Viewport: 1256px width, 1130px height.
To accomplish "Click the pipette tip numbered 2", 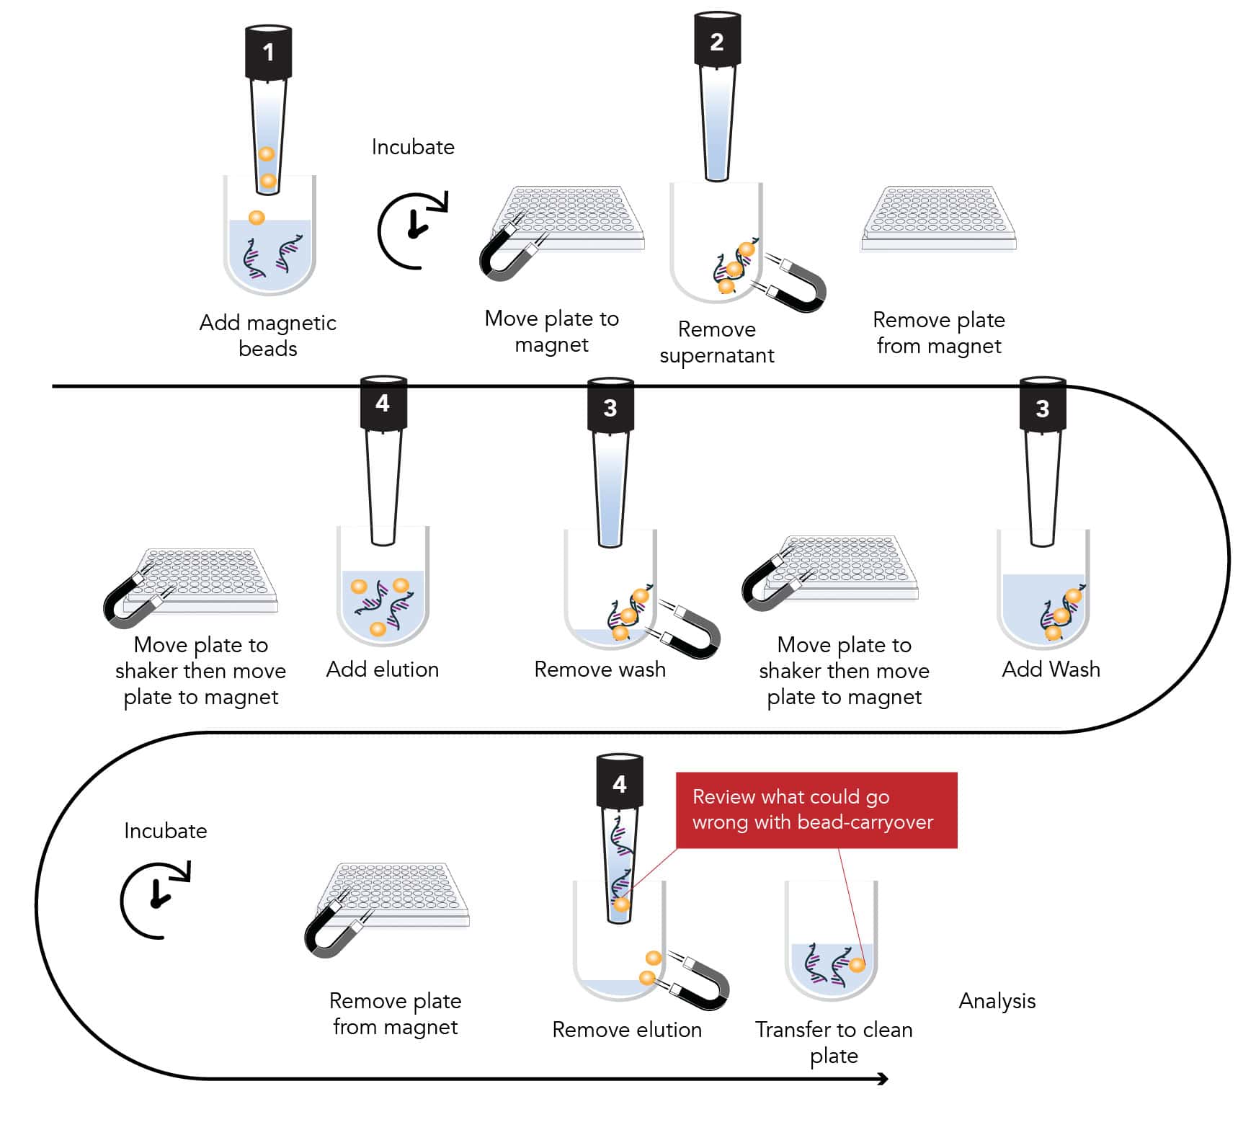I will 716,101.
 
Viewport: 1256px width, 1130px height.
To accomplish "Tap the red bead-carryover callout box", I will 816,810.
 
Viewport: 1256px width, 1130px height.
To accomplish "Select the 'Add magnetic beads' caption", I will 267,335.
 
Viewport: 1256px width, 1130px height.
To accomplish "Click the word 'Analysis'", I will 997,1001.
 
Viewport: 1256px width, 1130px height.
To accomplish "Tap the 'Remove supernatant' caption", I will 716,342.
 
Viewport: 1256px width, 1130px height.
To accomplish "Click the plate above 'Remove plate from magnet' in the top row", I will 938,220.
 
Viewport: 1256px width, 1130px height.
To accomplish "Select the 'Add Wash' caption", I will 1051,669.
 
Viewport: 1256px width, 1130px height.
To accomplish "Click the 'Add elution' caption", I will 382,669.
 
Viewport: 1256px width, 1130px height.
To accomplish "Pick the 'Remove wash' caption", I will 600,669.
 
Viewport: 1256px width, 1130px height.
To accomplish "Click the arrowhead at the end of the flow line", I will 883,1079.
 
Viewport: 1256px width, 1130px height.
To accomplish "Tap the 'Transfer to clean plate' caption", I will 834,1042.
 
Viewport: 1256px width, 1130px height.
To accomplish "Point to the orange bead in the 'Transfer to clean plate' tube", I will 857,964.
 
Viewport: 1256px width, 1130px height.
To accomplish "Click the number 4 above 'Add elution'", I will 383,403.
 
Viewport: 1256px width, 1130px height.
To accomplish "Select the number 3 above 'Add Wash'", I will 1042,409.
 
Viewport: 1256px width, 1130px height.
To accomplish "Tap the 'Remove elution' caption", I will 626,1030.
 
